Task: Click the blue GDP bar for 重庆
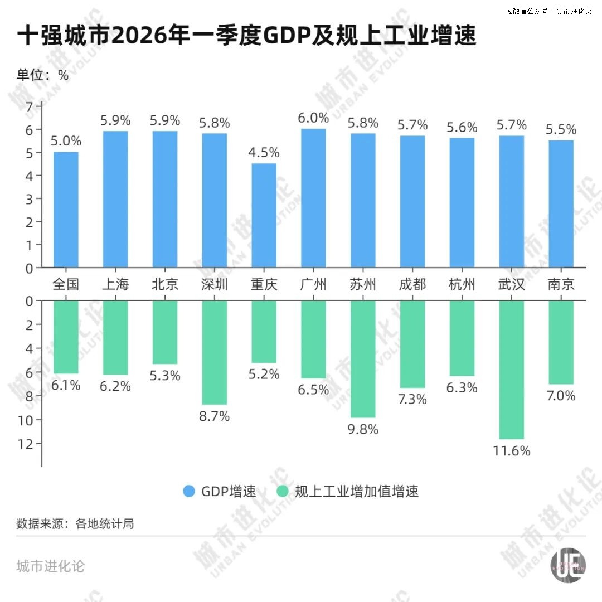point(264,215)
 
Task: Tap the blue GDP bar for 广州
point(313,198)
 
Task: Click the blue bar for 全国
point(66,210)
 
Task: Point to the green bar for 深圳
point(215,352)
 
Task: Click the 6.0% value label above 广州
point(313,118)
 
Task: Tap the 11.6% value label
point(511,450)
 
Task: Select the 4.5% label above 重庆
point(264,152)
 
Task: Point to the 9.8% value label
point(363,429)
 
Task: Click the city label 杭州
point(462,285)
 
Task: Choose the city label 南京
point(561,285)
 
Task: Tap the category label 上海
point(115,285)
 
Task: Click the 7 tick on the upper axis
point(30,106)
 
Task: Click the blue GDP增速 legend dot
point(189,491)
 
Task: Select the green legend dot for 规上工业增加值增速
point(283,491)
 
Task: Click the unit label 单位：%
point(42,75)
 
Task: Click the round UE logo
point(568,568)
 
